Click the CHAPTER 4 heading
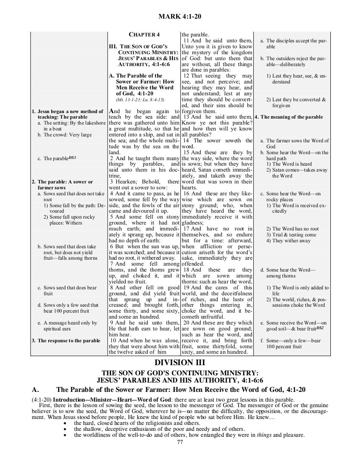coord(144,34)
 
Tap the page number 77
coord(180,443)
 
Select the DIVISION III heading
coord(180,362)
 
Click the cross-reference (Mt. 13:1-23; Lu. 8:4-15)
coord(139,100)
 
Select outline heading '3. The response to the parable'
coord(66,341)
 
